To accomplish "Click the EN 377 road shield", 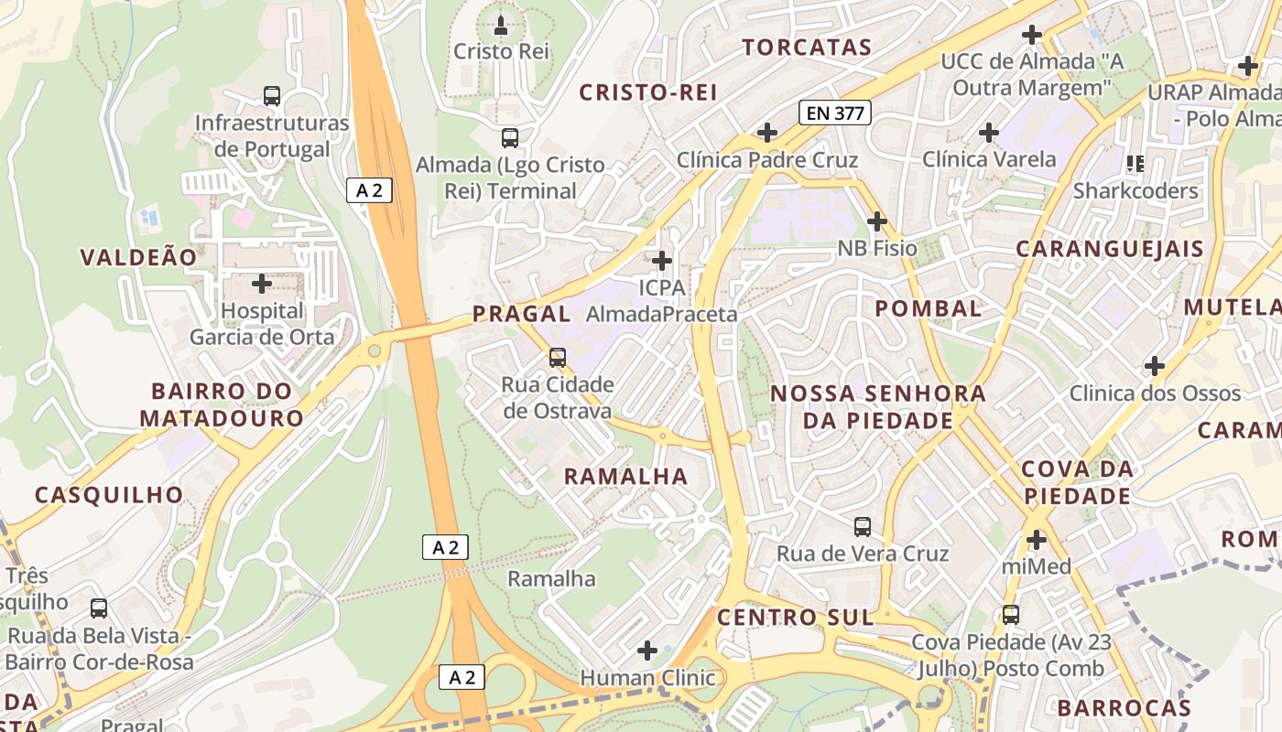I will (834, 113).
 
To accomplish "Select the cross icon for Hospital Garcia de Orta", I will (262, 284).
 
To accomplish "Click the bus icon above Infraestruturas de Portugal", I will (272, 95).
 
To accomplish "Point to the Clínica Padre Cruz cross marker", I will (767, 134).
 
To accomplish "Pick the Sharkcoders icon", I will (1135, 164).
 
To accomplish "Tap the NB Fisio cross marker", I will (877, 221).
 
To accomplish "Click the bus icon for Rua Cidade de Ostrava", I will (557, 358).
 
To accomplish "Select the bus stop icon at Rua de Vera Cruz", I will (863, 527).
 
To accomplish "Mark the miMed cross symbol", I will (1037, 540).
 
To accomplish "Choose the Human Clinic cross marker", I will (647, 651).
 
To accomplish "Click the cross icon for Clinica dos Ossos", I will (1155, 367).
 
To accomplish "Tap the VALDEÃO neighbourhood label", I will (138, 257).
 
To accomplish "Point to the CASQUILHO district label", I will (109, 495).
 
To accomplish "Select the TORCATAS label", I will (806, 48).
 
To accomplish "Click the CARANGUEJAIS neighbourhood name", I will (1110, 249).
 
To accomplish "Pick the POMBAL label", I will (929, 308).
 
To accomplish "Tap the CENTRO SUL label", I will (795, 618).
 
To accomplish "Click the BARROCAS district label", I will (1124, 707).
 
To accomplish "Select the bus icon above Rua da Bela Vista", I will (99, 608).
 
